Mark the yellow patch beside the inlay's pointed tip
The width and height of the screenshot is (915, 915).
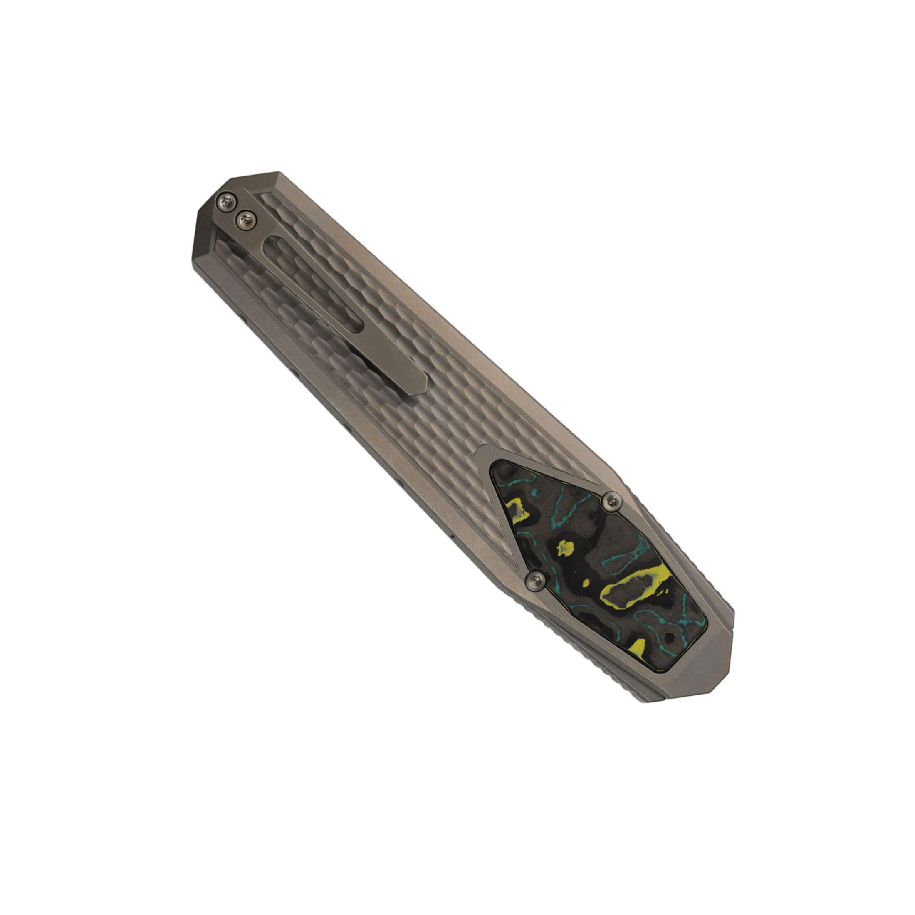pos(516,509)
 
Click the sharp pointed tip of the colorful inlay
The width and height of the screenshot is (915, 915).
pos(495,469)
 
